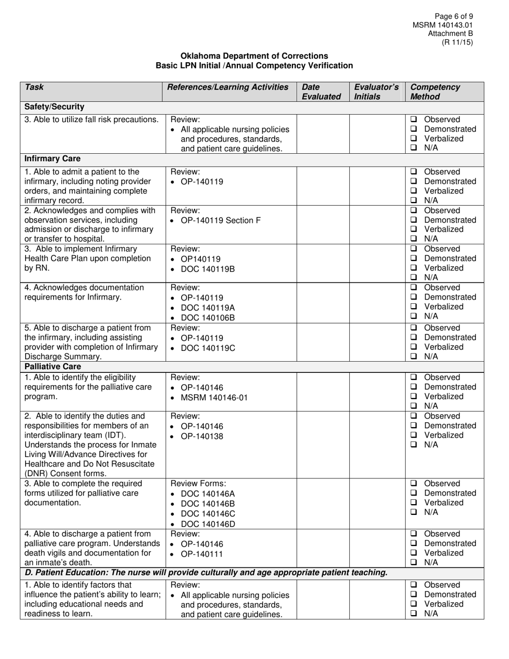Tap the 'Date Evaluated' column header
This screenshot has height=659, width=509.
321,92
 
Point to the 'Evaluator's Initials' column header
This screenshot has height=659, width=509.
377,92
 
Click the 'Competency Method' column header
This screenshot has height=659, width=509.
435,92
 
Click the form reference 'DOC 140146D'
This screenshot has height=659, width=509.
208,523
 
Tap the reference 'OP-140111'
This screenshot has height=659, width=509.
202,554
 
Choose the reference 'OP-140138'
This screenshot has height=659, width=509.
202,436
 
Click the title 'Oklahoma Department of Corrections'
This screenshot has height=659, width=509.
254,56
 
